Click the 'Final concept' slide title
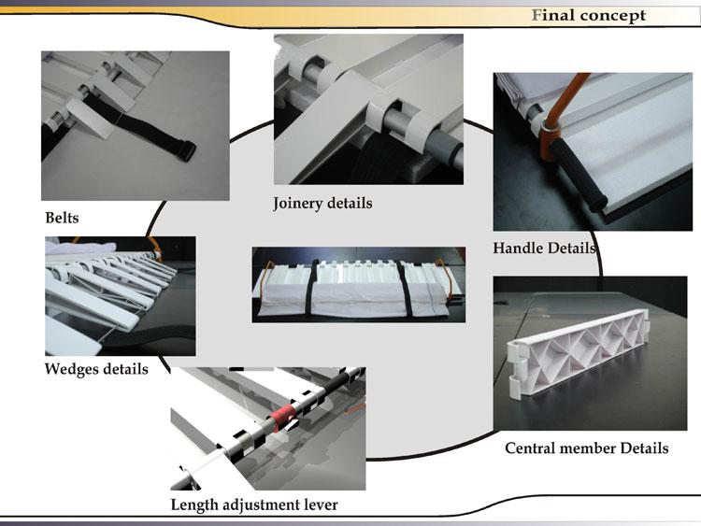coord(588,16)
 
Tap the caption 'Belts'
coord(62,218)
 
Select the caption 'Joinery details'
coord(322,204)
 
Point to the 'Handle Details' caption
coord(544,248)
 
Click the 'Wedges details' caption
coord(96,369)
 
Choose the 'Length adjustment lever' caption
coord(254,505)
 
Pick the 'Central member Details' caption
coord(587,448)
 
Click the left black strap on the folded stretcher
coord(312,289)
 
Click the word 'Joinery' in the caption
coord(297,204)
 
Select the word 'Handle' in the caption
coord(518,248)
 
